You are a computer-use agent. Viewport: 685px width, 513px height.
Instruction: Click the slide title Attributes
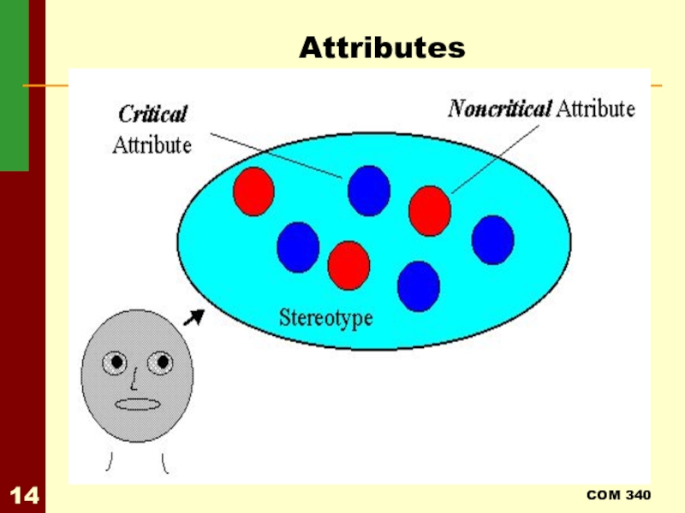click(x=382, y=48)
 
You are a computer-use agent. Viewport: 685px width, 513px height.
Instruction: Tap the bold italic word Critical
click(x=152, y=114)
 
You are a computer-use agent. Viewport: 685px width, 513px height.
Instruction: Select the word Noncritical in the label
click(x=500, y=109)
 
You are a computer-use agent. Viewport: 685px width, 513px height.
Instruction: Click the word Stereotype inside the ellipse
click(x=326, y=317)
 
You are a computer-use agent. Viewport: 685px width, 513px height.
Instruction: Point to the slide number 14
click(x=23, y=495)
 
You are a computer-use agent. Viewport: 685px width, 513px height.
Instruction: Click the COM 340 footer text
click(x=618, y=496)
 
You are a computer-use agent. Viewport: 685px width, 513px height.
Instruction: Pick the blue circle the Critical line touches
click(x=369, y=189)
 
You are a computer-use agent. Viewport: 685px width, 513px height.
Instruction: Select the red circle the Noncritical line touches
click(x=430, y=209)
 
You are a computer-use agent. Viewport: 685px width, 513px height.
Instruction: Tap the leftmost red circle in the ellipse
click(x=253, y=191)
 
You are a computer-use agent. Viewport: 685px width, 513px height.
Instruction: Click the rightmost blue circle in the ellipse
click(x=492, y=239)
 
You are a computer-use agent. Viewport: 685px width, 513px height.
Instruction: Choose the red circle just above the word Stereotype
click(x=348, y=265)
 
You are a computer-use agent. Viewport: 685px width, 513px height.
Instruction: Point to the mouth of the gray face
click(x=138, y=404)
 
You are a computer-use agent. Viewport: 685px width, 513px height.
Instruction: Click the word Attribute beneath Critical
click(x=152, y=144)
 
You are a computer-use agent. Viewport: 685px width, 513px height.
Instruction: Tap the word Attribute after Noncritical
click(x=596, y=109)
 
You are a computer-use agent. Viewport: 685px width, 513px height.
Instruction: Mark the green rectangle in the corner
click(x=14, y=85)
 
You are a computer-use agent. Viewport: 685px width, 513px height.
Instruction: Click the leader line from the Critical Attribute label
click(x=274, y=154)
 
